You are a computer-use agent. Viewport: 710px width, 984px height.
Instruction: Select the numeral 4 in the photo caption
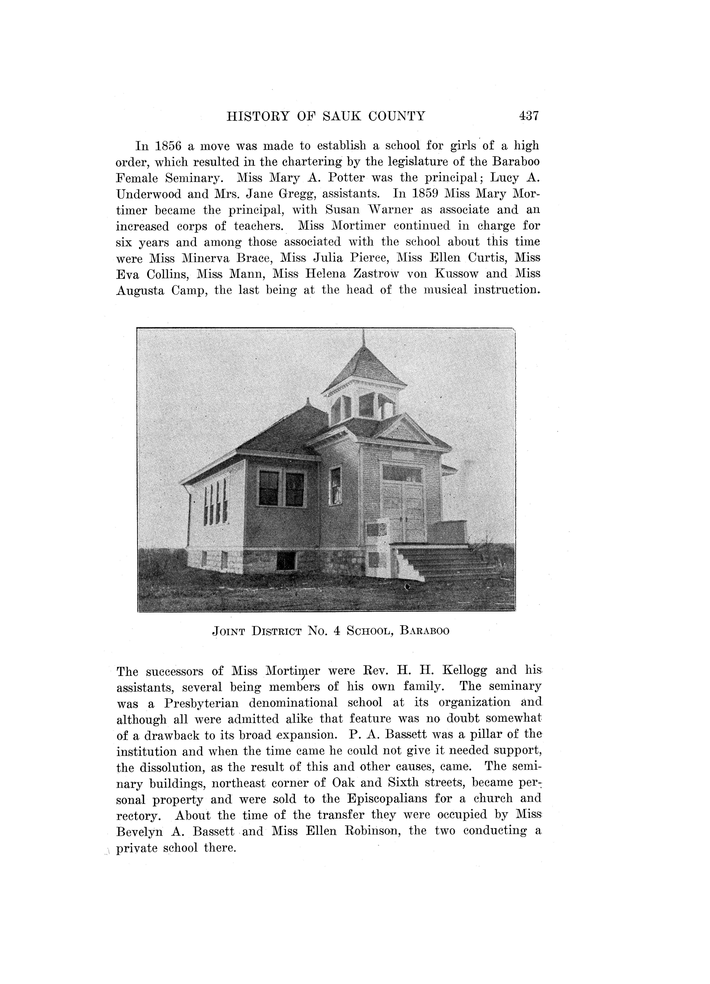pyautogui.click(x=336, y=631)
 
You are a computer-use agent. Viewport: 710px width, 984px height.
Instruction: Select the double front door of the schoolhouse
pyautogui.click(x=403, y=506)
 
